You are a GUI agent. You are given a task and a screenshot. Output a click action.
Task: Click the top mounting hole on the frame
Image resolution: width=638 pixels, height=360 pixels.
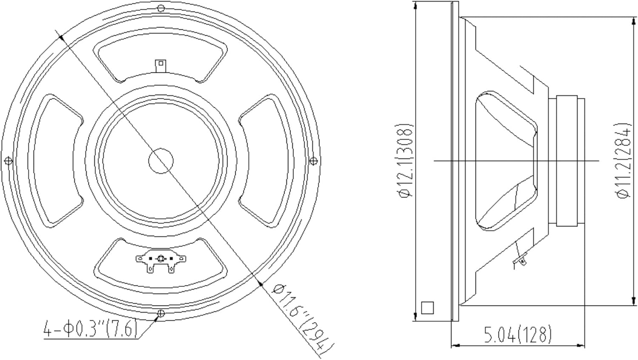tap(161, 8)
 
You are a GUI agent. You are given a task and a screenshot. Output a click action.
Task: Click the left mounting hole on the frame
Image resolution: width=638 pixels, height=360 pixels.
tap(8, 161)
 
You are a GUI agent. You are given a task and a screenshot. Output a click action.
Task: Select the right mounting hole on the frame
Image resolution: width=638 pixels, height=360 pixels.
tap(313, 161)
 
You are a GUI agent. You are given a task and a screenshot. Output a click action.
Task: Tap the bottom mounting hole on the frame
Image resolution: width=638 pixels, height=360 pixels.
tap(161, 314)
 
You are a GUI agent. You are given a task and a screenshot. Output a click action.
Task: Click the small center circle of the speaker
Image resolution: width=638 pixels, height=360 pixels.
tap(161, 161)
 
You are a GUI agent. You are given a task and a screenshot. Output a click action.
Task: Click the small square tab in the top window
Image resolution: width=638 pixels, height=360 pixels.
tap(161, 65)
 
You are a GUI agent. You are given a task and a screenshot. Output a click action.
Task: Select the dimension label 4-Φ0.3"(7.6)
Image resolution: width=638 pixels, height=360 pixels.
tap(91, 329)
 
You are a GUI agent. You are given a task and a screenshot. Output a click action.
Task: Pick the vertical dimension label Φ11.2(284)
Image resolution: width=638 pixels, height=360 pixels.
tap(624, 161)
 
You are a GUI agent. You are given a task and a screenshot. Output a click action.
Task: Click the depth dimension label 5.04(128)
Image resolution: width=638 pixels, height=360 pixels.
tap(518, 334)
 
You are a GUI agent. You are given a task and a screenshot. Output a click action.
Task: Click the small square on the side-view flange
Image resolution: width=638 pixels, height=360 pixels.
tap(427, 308)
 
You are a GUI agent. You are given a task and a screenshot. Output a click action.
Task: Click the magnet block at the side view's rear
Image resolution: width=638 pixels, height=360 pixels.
tap(566, 161)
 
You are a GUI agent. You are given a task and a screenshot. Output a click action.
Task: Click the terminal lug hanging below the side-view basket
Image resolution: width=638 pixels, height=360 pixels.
tap(520, 259)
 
